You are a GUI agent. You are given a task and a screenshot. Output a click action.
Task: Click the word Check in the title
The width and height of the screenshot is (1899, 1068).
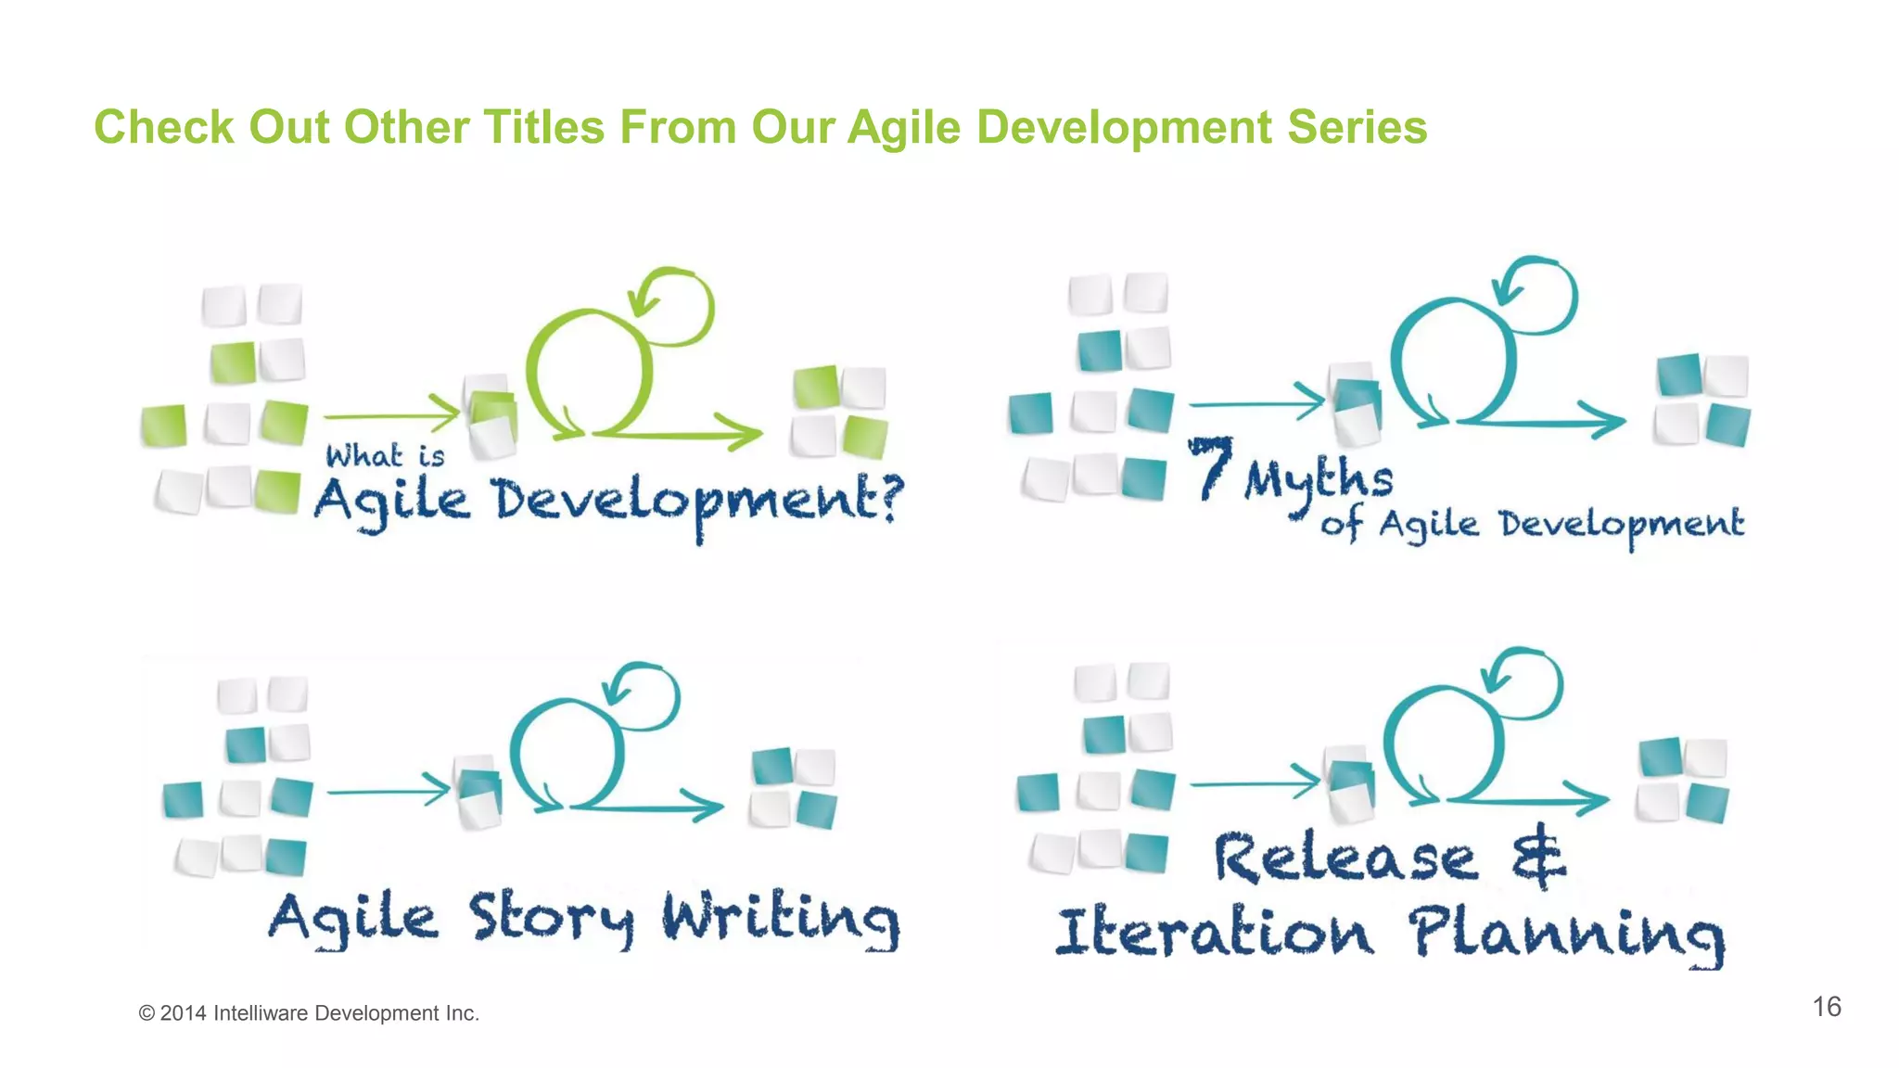click(163, 127)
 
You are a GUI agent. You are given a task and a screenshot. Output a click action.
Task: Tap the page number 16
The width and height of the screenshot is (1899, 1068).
click(1826, 1007)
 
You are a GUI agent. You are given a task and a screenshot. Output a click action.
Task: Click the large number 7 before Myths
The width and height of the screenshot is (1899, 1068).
click(1212, 467)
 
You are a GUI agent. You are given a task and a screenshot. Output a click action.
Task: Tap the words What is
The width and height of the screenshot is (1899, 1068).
click(385, 456)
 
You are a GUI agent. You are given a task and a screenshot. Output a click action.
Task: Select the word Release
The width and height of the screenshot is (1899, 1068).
click(1345, 858)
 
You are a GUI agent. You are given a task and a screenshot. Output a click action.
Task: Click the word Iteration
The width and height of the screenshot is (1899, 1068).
click(1215, 933)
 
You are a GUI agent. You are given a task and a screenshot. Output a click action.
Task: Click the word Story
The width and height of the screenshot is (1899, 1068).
click(552, 918)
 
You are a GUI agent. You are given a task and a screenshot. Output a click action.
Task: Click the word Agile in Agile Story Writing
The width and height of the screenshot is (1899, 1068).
click(352, 918)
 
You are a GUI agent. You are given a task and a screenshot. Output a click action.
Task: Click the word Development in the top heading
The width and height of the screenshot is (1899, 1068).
click(1124, 127)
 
